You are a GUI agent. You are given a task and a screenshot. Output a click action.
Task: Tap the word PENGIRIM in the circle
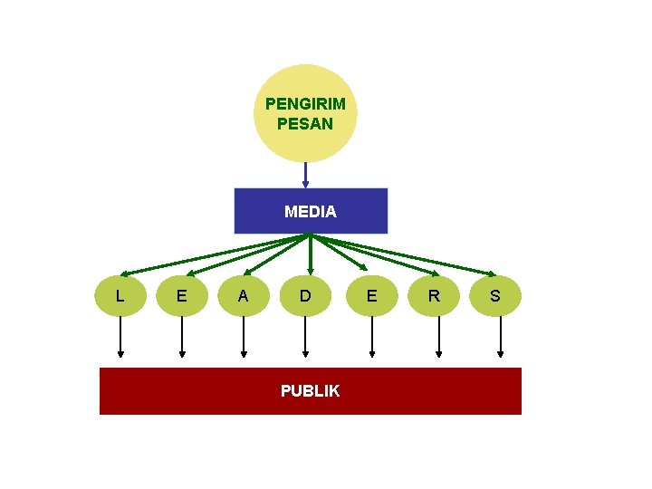305,103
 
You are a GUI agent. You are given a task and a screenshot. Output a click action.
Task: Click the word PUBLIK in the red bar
311,391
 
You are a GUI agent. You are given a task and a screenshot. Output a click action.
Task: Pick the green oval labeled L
120,295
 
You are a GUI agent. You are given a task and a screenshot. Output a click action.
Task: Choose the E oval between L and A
182,295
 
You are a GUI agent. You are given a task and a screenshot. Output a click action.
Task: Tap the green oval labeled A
243,295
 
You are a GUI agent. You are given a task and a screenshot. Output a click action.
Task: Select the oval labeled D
305,295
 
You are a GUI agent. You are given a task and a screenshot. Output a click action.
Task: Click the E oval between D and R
371,295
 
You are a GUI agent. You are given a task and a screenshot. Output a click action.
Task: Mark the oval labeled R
435,295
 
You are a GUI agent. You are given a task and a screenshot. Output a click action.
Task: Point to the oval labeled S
495,295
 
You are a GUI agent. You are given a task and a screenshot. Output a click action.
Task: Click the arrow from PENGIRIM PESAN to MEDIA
305,174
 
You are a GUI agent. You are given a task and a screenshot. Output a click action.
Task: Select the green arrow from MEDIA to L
213,254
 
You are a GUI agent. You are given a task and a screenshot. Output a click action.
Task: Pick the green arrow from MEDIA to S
404,254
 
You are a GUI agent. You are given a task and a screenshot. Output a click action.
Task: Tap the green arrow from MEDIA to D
311,254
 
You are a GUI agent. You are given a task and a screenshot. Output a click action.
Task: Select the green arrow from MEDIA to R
375,254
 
